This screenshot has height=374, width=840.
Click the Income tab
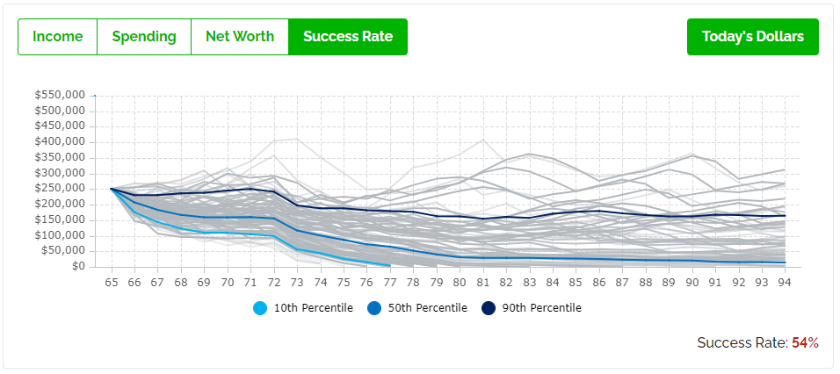pyautogui.click(x=57, y=37)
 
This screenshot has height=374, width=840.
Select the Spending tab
pyautogui.click(x=143, y=37)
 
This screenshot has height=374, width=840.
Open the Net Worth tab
pyautogui.click(x=240, y=37)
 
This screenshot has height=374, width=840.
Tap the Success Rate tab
pyautogui.click(x=348, y=37)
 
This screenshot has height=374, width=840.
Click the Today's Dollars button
pyautogui.click(x=752, y=37)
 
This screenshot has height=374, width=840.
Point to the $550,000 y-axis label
pyautogui.click(x=60, y=95)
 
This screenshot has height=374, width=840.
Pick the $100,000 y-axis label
pyautogui.click(x=60, y=235)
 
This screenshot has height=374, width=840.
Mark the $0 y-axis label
pyautogui.click(x=78, y=267)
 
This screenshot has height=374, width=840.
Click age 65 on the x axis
pyautogui.click(x=112, y=283)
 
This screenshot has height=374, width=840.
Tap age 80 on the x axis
pyautogui.click(x=460, y=283)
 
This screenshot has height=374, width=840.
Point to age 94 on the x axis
pyautogui.click(x=785, y=283)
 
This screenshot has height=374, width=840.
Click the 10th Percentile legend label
pyautogui.click(x=314, y=308)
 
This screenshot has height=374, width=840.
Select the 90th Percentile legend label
pyautogui.click(x=541, y=308)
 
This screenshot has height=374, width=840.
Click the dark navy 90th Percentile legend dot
pyautogui.click(x=488, y=308)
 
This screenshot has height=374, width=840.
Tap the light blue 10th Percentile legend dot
pyautogui.click(x=259, y=308)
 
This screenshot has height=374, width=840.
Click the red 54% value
pyautogui.click(x=805, y=342)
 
